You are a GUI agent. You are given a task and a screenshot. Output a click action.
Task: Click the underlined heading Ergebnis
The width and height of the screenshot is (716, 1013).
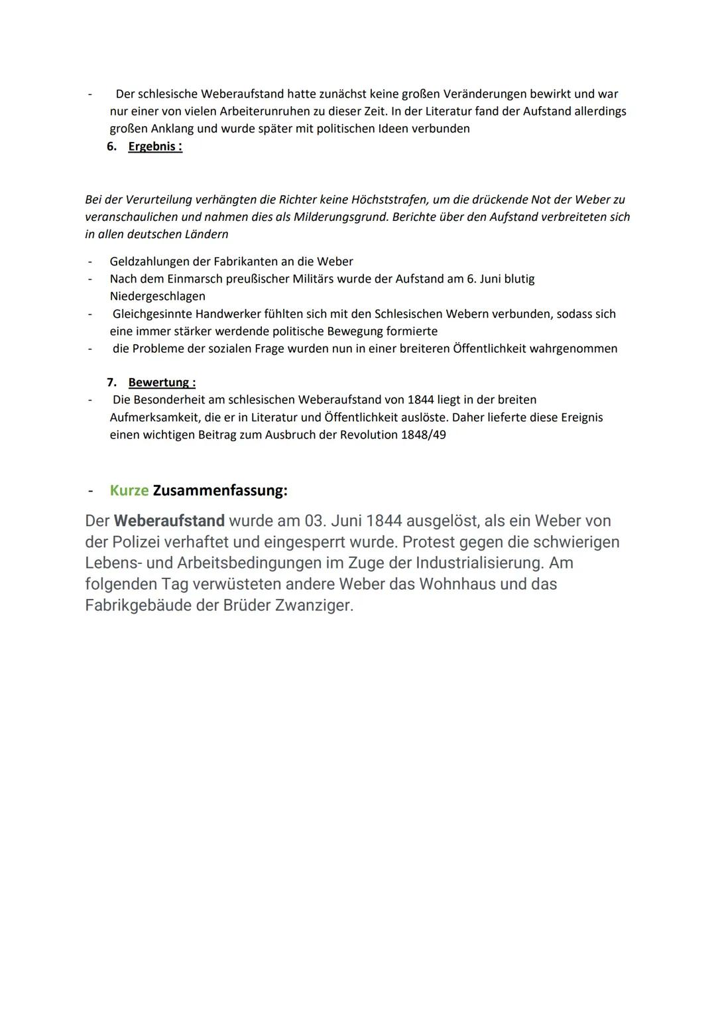point(154,146)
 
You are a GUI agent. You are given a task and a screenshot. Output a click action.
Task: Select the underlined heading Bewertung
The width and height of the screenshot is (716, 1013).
point(161,382)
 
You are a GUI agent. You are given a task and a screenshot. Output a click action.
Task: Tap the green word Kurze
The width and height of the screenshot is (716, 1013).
point(129,491)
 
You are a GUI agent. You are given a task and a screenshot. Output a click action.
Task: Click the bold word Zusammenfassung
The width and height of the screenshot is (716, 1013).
point(219,491)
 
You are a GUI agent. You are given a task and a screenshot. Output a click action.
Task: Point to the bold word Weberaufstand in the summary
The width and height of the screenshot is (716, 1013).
point(169,521)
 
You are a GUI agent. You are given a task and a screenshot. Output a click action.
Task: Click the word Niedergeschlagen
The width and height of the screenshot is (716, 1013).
point(157,296)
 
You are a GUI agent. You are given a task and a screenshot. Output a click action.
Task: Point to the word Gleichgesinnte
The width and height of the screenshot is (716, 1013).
point(152,314)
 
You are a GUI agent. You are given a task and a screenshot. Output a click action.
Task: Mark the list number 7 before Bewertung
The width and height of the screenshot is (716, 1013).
point(111,382)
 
